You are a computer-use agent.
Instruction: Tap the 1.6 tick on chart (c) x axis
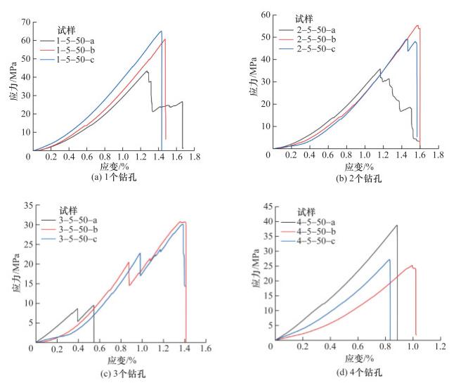[207, 349]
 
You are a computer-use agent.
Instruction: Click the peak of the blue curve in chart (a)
[161, 31]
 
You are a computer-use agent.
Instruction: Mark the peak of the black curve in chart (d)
[397, 226]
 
